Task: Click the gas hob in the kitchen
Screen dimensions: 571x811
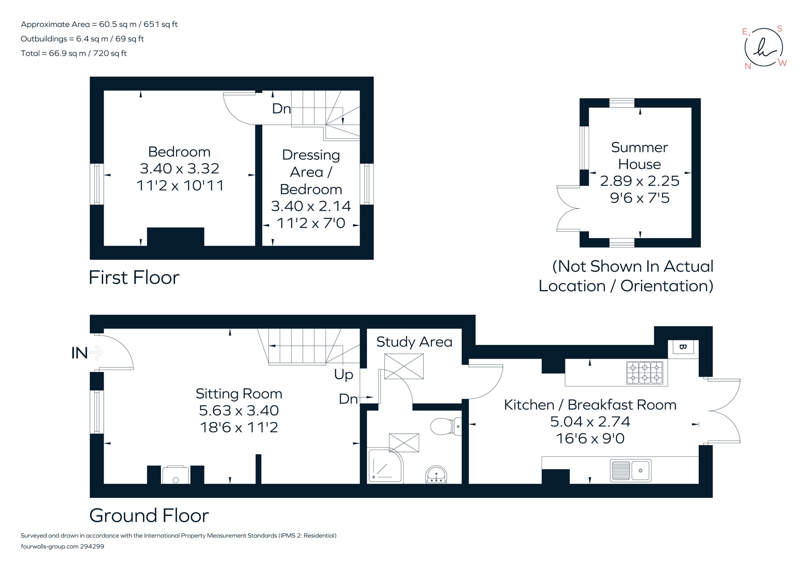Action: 645,373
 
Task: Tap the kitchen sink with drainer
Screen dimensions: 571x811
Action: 631,470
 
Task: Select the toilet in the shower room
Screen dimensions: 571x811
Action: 446,427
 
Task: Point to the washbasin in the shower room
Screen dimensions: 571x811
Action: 437,474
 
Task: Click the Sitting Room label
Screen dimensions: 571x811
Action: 239,394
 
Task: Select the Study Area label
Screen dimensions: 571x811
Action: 414,342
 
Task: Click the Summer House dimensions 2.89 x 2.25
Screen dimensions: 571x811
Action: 639,181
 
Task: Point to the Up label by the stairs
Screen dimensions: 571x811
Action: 343,375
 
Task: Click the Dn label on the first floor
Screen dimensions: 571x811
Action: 281,109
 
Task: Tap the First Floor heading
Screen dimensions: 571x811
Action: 134,277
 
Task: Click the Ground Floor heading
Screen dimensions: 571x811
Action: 149,516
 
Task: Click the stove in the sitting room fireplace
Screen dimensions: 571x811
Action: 176,475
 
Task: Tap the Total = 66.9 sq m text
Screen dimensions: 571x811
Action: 73,53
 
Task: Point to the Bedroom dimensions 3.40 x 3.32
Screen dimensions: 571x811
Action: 179,169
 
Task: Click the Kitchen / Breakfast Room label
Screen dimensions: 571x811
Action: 590,405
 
